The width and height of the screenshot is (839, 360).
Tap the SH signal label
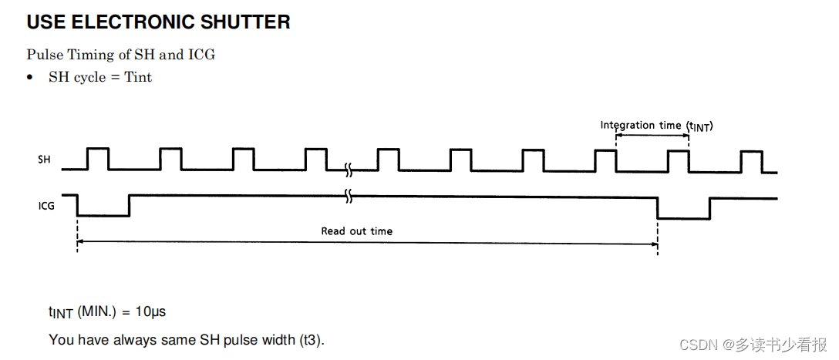tap(45, 160)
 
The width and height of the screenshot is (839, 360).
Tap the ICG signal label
tap(46, 206)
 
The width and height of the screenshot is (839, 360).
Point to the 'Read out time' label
tap(356, 230)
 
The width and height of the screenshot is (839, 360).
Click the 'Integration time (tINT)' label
tap(656, 126)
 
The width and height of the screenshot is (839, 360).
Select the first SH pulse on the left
tap(98, 158)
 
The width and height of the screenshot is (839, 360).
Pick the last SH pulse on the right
tap(752, 160)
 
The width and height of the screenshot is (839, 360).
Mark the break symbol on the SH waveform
tap(349, 167)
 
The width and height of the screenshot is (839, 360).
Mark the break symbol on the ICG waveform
tap(349, 197)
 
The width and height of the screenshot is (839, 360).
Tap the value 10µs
tap(151, 312)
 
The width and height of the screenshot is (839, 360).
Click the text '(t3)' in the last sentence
tap(312, 340)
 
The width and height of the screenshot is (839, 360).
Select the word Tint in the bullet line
tap(138, 77)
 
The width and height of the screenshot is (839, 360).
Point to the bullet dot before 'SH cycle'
tap(30, 78)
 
